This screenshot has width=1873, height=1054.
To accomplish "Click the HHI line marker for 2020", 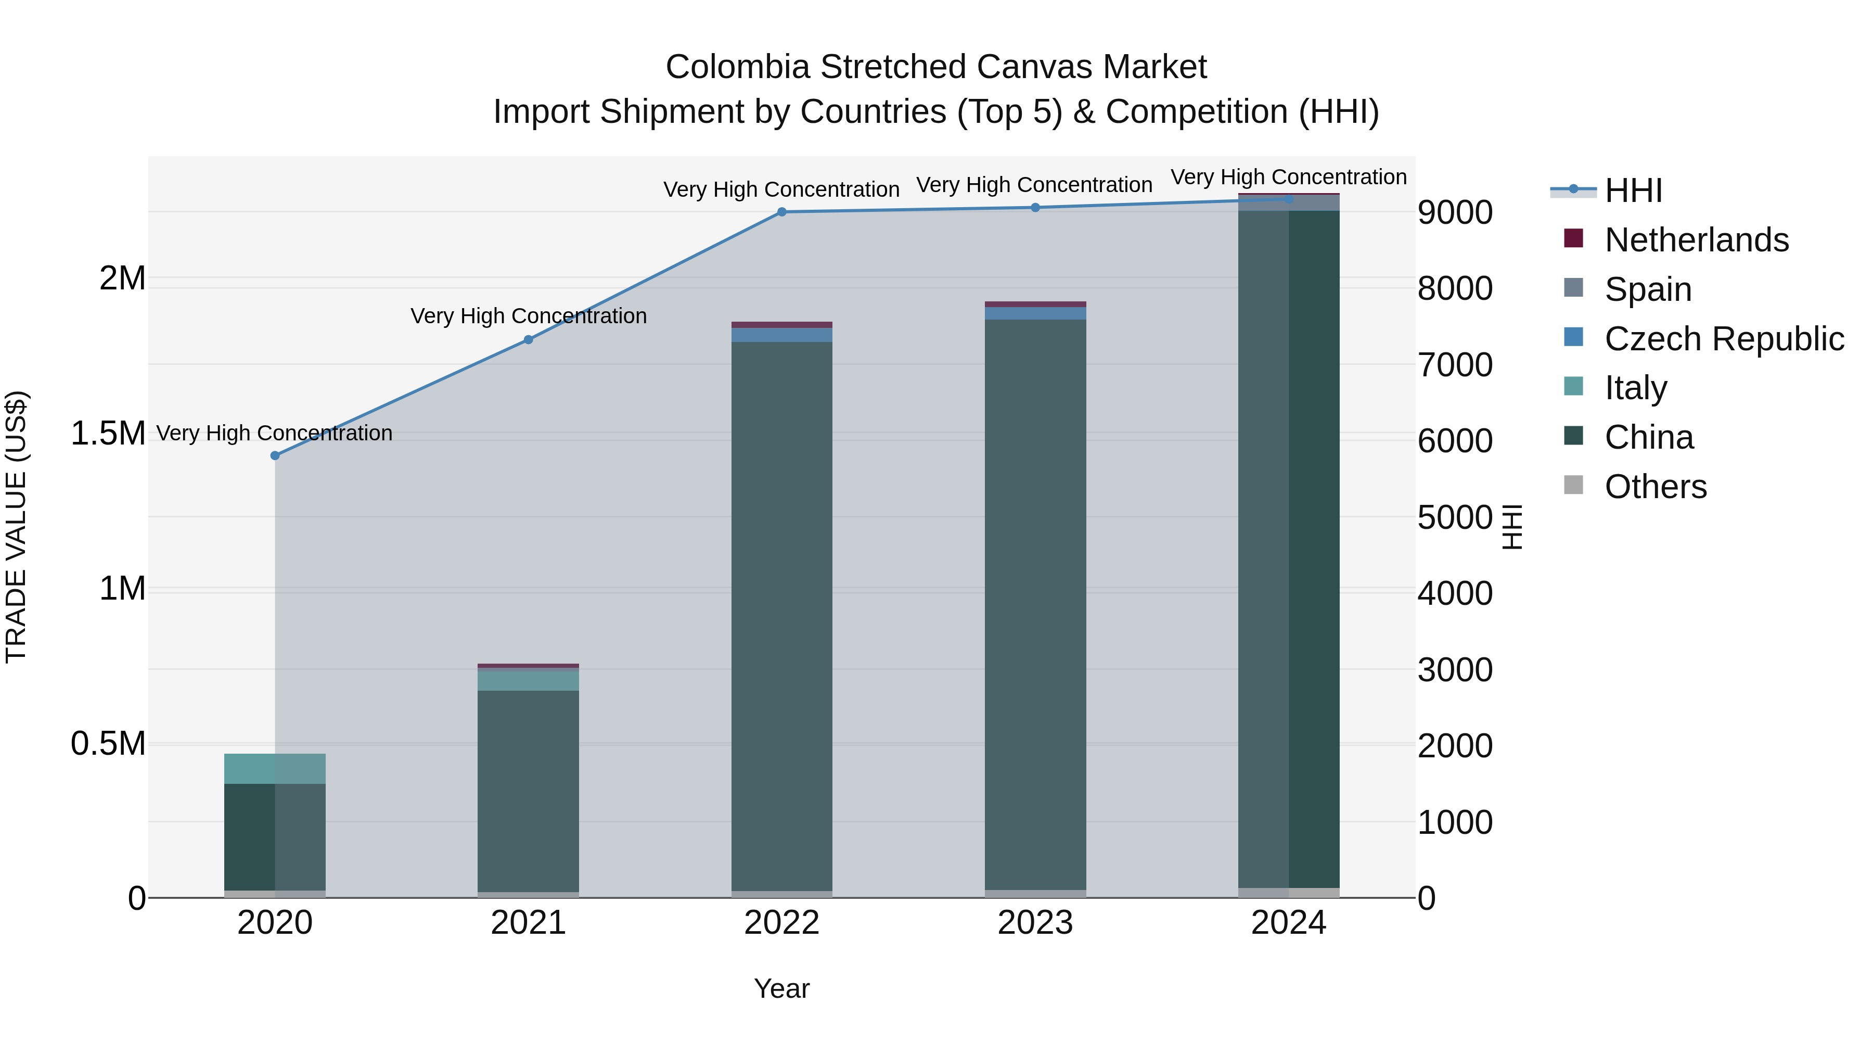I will pos(275,456).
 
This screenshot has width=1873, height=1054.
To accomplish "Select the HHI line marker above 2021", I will pos(529,340).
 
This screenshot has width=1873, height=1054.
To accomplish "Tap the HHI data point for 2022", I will pos(781,212).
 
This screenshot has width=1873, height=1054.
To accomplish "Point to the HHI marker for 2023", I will pos(1035,207).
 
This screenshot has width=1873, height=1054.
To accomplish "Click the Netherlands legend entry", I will pos(1696,240).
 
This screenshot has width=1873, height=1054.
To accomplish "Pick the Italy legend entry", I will pos(1635,388).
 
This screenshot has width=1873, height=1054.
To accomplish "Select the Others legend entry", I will pos(1655,487).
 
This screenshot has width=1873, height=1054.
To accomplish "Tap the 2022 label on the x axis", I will pos(781,923).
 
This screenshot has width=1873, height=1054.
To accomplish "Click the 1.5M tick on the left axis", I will pos(108,434).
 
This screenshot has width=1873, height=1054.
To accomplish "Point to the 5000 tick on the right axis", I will pos(1454,518).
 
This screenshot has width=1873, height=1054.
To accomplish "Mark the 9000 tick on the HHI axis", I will pos(1454,213).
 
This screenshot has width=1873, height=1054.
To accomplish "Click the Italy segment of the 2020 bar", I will pos(275,768).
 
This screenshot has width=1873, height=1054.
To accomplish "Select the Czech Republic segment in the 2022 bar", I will pos(781,335).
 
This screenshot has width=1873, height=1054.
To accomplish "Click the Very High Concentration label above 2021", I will pos(529,316).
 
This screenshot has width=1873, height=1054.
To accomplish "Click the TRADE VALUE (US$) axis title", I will pos(16,527).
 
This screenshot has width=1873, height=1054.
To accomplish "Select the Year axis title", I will pos(781,988).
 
